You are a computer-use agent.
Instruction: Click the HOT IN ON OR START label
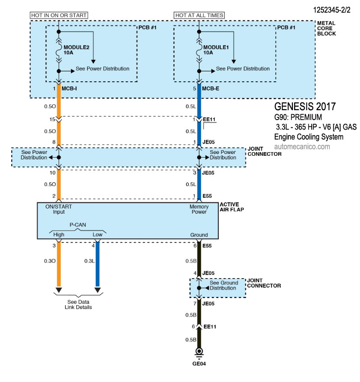(59, 15)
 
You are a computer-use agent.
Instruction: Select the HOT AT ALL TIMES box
(199, 15)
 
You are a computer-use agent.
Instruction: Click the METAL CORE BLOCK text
(327, 28)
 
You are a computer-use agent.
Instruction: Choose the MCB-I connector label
(69, 89)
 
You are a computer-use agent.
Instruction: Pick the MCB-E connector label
(211, 89)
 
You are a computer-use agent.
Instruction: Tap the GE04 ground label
(199, 364)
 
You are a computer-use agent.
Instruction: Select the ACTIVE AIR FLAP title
(232, 207)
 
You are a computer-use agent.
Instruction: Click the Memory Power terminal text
(199, 209)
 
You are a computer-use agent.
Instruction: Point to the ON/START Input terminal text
(59, 209)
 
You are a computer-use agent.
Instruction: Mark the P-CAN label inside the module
(78, 225)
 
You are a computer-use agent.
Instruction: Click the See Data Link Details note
(78, 304)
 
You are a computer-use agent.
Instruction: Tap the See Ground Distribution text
(224, 285)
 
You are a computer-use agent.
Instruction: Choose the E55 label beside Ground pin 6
(207, 246)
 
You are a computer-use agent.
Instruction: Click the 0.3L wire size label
(90, 261)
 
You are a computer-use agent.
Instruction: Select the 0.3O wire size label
(50, 261)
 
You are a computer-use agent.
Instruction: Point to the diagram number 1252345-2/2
(332, 10)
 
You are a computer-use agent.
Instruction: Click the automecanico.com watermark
(302, 147)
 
